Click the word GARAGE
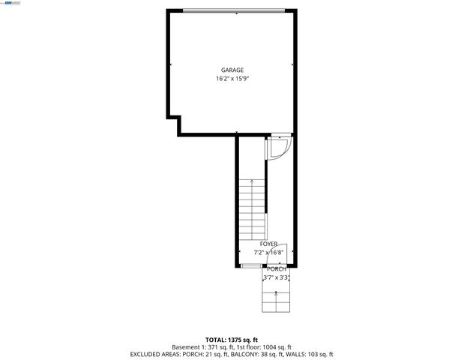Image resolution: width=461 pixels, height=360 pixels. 232,70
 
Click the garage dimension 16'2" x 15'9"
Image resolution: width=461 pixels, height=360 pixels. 232,78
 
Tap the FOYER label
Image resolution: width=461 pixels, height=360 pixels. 268,244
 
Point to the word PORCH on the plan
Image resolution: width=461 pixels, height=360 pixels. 277,268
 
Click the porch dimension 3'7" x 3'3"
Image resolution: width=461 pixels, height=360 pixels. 277,277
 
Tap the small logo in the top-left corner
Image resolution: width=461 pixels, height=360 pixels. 10,4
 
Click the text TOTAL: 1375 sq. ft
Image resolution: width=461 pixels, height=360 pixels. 231,340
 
